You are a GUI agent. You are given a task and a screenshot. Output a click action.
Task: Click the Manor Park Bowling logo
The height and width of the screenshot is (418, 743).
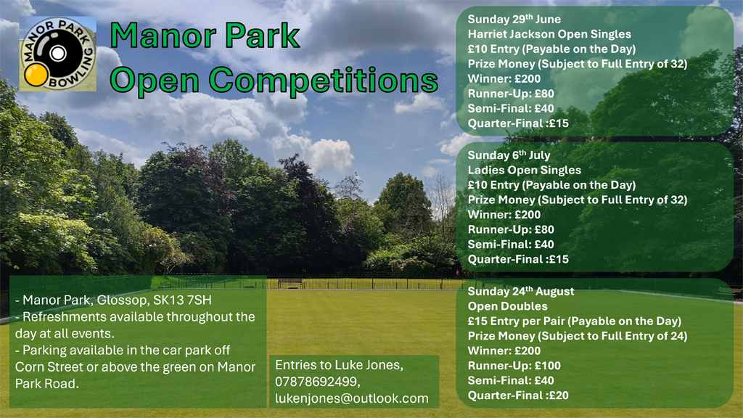click(58, 54)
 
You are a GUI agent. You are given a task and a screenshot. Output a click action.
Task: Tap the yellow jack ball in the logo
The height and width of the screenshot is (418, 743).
click(36, 75)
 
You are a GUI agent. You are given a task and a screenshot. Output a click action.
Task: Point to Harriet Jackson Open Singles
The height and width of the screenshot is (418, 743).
click(549, 34)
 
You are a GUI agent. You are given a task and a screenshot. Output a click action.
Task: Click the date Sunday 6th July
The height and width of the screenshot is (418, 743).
click(509, 155)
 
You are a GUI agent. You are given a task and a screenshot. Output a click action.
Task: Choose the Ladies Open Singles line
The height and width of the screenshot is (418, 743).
click(524, 170)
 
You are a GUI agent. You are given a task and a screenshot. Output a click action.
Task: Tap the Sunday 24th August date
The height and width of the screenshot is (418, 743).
click(521, 292)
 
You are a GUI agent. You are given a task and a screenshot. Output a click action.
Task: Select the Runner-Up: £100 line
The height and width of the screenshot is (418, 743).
click(514, 366)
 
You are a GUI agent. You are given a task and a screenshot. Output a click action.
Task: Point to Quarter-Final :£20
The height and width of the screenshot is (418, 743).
click(518, 396)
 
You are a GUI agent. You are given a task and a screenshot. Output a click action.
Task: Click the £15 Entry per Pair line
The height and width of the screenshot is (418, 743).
click(575, 321)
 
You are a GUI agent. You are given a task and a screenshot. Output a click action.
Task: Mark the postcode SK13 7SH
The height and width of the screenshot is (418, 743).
click(182, 300)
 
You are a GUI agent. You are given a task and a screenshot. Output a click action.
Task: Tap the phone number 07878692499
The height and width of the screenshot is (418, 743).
click(318, 382)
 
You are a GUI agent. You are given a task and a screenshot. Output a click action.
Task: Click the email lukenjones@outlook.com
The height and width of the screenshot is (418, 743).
click(352, 398)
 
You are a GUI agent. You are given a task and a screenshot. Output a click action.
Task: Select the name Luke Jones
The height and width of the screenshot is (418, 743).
click(369, 365)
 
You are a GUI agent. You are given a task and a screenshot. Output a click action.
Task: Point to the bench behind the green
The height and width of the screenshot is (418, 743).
click(290, 283)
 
